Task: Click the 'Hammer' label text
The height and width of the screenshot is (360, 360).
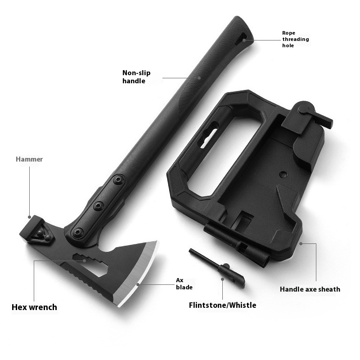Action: pos(29,159)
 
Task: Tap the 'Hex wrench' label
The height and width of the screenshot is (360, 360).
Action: pos(34,307)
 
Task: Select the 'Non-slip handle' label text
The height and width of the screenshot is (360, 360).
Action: pos(136,76)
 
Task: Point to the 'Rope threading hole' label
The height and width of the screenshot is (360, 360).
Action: pos(296,39)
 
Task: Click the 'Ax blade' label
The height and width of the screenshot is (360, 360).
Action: pos(184,284)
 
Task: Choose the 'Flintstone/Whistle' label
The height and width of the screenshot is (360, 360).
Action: pos(222,305)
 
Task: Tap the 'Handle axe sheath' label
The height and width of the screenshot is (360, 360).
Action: pos(310,289)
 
